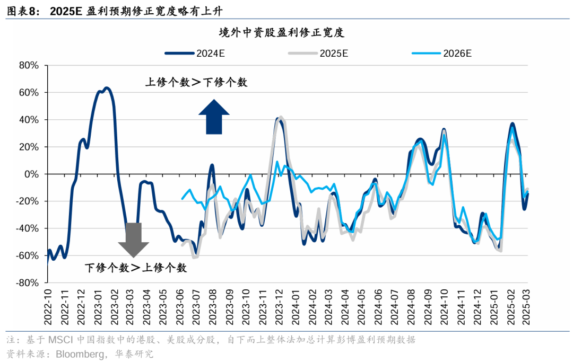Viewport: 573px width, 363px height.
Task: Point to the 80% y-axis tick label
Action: pyautogui.click(x=29, y=66)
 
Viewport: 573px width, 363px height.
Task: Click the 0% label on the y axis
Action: pyautogui.click(x=33, y=174)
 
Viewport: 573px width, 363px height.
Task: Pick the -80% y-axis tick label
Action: pyautogui.click(x=28, y=283)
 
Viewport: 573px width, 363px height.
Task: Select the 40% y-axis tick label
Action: pyautogui.click(x=29, y=120)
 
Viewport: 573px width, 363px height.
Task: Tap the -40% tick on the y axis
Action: pyautogui.click(x=28, y=228)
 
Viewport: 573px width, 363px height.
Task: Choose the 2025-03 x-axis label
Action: pyautogui.click(x=527, y=307)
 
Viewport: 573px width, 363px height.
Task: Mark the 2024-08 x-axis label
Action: pyautogui.click(x=412, y=307)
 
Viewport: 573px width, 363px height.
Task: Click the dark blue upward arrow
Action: pyautogui.click(x=214, y=117)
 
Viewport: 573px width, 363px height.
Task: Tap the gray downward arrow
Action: pyautogui.click(x=133, y=240)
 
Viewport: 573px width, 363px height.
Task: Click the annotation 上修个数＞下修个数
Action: pyautogui.click(x=196, y=82)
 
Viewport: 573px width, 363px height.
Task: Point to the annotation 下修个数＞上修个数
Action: pyautogui.click(x=136, y=268)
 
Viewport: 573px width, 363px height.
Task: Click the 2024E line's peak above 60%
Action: pyautogui.click(x=106, y=88)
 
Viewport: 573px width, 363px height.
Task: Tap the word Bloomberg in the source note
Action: pyautogui.click(x=79, y=353)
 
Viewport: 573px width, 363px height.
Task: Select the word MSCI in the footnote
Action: pyautogui.click(x=61, y=340)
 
